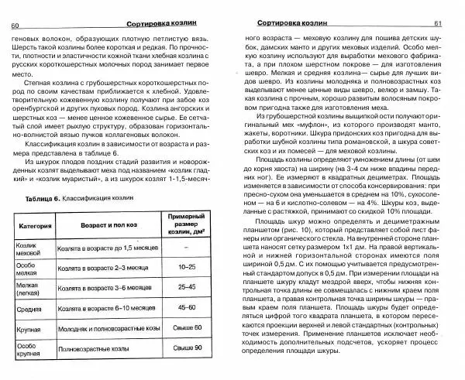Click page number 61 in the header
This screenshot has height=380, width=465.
point(451,23)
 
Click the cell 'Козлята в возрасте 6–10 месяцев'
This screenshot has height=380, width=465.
point(105,329)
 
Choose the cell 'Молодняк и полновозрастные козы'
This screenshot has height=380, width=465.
point(112,350)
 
